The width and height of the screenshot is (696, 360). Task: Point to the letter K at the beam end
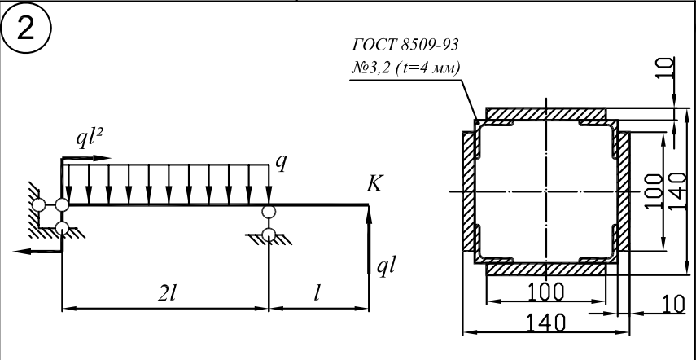coord(374,185)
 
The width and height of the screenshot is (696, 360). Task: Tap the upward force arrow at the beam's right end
coord(369,236)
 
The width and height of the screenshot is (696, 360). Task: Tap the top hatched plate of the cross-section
coord(546,112)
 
